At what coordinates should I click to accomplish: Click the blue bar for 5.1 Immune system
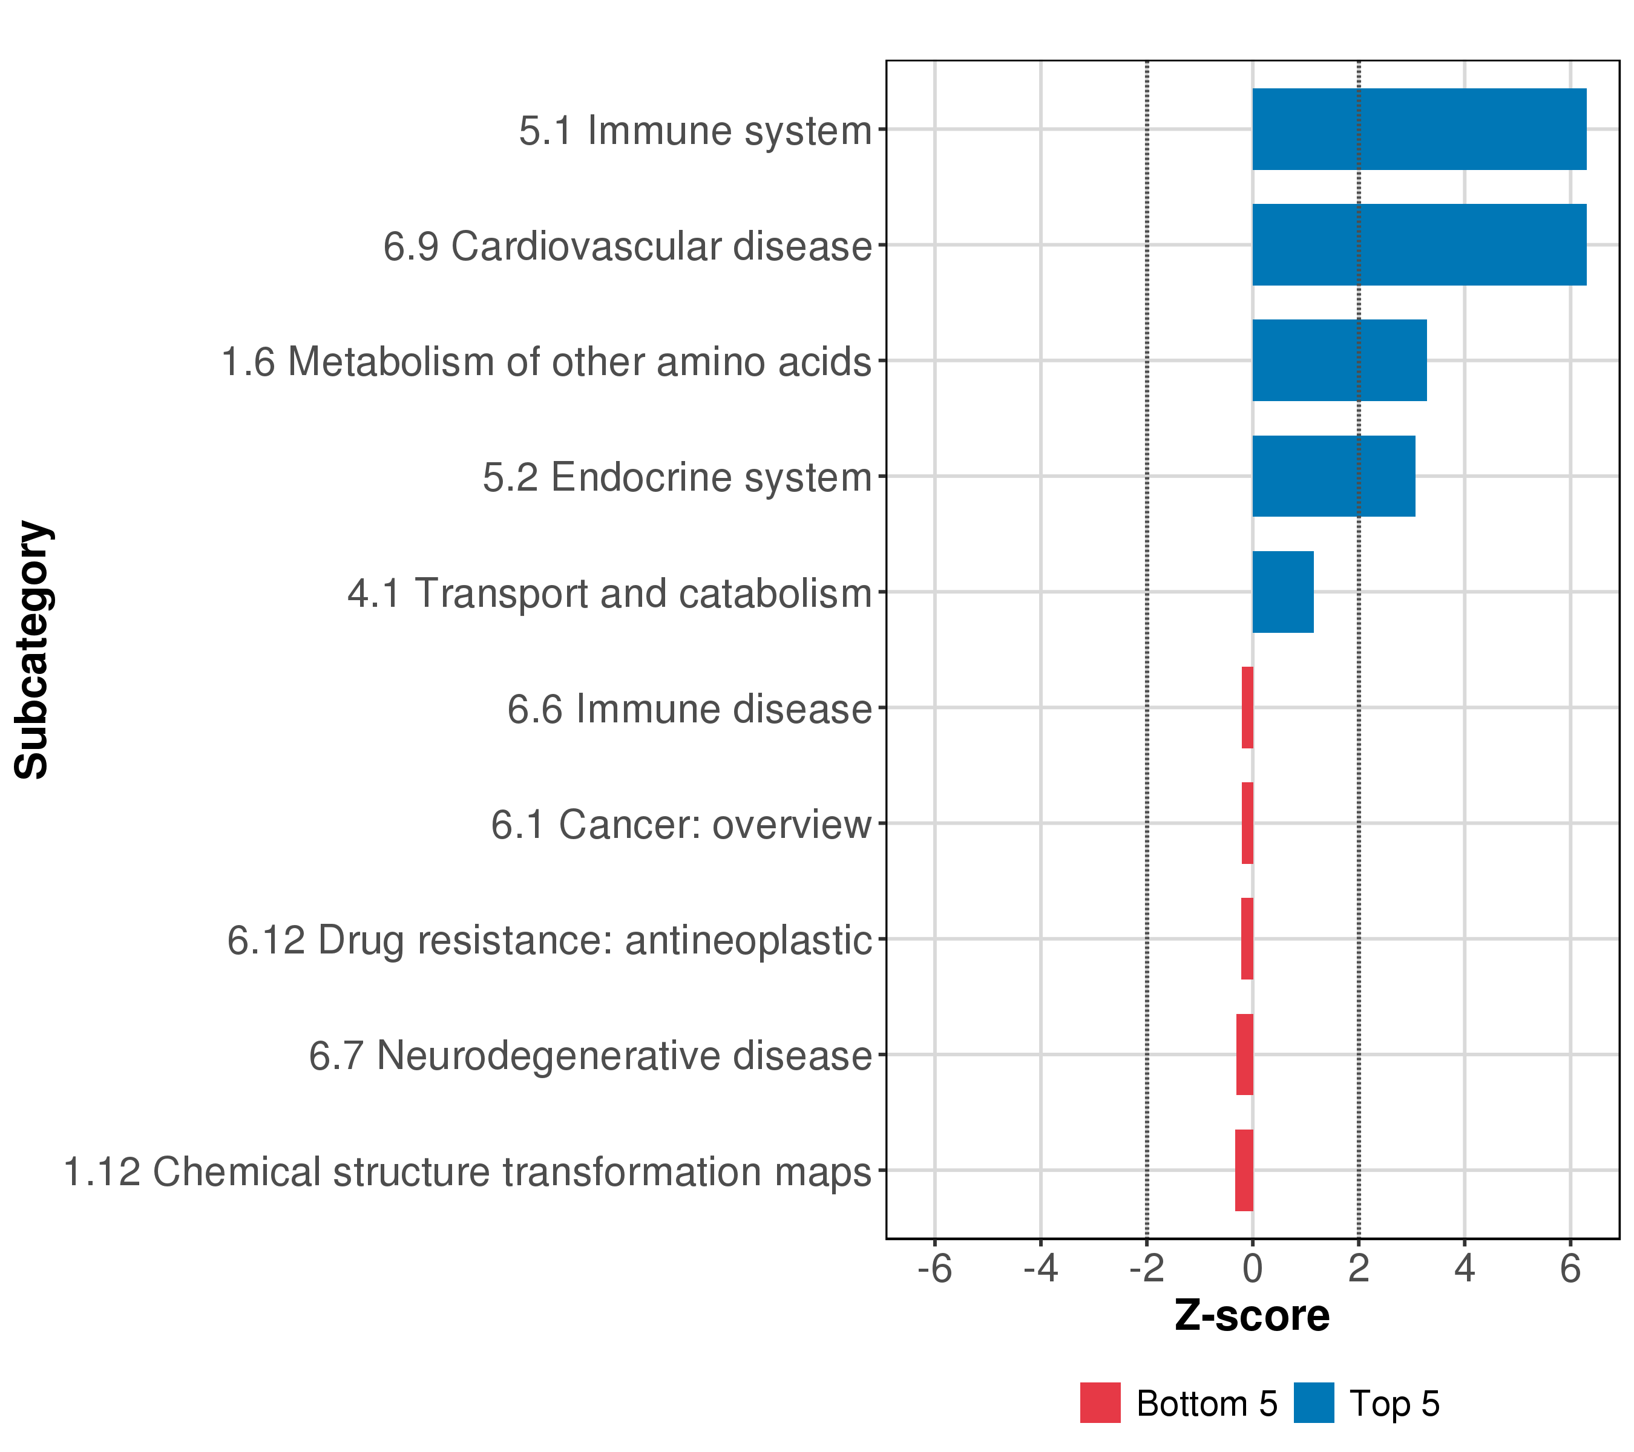point(1419,129)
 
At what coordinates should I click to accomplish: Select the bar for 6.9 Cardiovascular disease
point(1419,244)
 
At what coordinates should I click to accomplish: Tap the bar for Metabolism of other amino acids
point(1339,361)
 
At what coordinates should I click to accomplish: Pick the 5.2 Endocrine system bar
point(1333,476)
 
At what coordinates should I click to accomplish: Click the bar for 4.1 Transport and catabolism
point(1282,592)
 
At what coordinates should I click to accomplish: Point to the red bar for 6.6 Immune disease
point(1247,707)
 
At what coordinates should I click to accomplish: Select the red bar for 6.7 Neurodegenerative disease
point(1245,1054)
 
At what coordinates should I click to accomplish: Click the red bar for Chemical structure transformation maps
point(1244,1170)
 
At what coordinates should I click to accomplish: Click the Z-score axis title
point(1252,1316)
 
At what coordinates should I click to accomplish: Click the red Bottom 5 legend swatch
point(1100,1403)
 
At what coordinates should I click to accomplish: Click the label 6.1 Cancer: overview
point(680,825)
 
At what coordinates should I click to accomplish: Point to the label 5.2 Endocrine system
point(677,478)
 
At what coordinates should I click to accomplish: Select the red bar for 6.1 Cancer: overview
point(1247,823)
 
